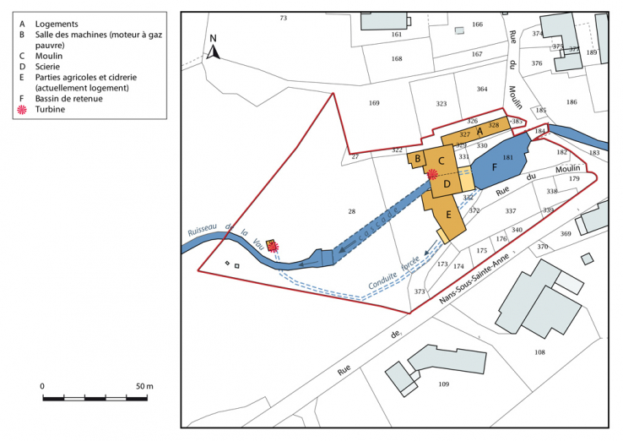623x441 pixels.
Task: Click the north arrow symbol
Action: tap(214, 49)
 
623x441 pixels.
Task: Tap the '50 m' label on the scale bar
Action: tap(144, 386)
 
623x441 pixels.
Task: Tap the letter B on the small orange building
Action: tap(417, 157)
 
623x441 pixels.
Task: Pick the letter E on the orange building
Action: tap(449, 215)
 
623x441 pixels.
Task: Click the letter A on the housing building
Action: tap(479, 130)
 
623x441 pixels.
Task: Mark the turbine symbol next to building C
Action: tap(432, 175)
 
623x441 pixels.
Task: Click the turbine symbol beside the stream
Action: tap(274, 247)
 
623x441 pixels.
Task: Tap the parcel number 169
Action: tap(375, 103)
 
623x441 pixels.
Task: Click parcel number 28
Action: tap(352, 210)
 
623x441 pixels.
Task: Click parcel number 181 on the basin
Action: tap(508, 158)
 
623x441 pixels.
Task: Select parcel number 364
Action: tap(482, 89)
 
